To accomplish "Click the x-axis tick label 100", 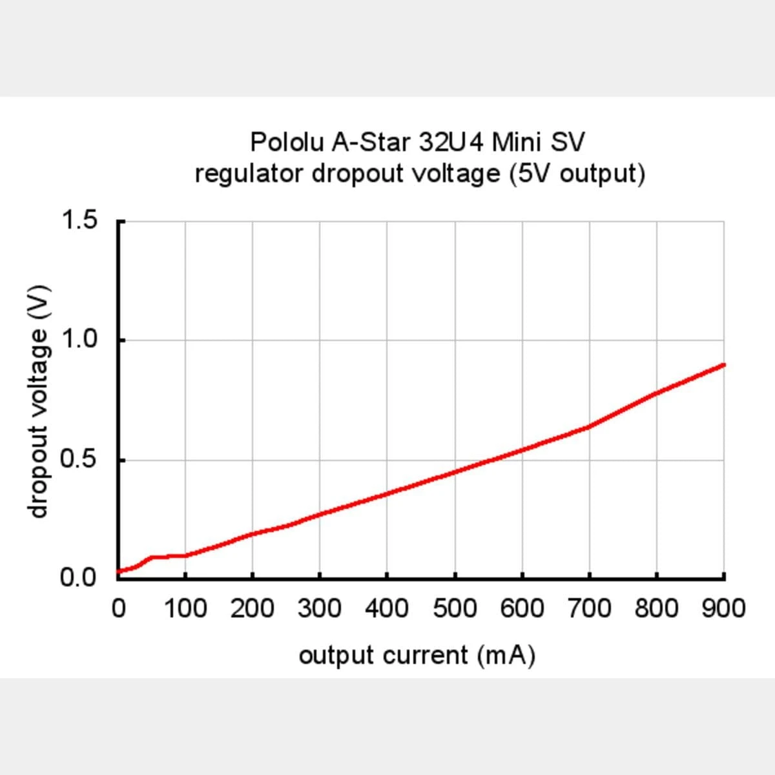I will [185, 608].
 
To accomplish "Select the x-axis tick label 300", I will [320, 608].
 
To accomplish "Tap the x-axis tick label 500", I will [455, 608].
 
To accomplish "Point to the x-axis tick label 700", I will [589, 608].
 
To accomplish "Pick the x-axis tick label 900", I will [723, 608].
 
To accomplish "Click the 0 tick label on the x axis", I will [118, 608].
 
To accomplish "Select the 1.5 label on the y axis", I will [79, 220].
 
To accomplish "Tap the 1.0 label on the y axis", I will [79, 340].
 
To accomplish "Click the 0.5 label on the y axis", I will [79, 460].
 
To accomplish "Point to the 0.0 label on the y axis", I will [79, 577].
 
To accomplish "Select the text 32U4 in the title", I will [451, 141].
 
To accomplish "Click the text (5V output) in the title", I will [577, 174].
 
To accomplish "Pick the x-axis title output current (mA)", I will [417, 656].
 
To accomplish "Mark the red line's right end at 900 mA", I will [723, 365].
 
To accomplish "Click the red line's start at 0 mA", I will [119, 571].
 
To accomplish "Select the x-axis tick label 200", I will [253, 608].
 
